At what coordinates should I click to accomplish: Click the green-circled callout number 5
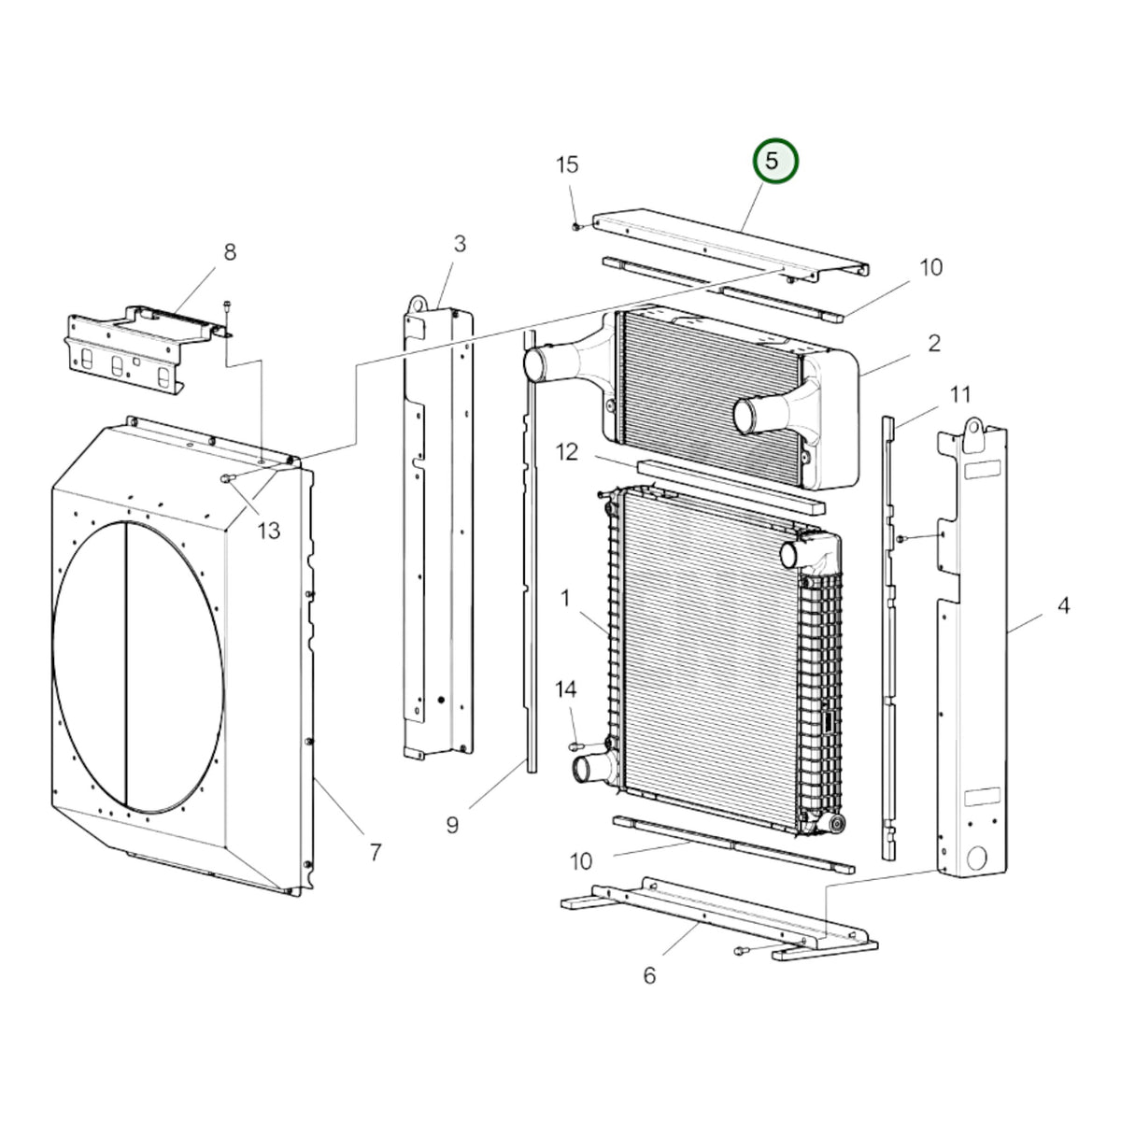[775, 161]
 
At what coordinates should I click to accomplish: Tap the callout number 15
[567, 165]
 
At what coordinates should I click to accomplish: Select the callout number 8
[231, 252]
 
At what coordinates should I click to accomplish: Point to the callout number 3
[461, 245]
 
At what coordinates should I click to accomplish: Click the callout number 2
[933, 343]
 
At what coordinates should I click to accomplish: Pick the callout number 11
[960, 395]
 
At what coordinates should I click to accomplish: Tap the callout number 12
[567, 452]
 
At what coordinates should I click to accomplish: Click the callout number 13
[269, 531]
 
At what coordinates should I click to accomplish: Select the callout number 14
[565, 690]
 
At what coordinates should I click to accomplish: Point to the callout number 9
[452, 825]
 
